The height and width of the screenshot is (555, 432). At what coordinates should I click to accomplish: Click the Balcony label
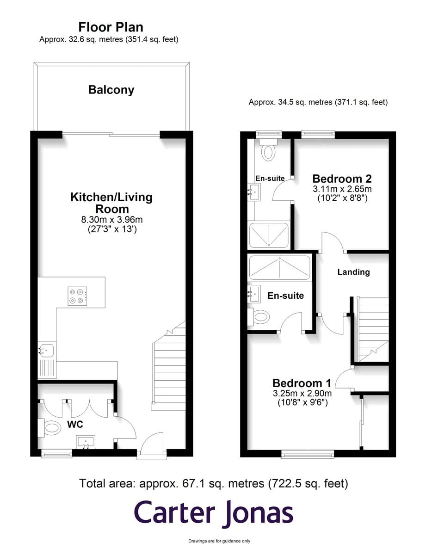[111, 90]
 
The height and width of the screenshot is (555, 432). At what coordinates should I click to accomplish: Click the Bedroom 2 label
[342, 179]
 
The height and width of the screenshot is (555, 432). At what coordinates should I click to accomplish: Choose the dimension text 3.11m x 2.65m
[342, 189]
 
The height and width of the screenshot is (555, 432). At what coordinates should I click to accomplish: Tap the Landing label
[353, 272]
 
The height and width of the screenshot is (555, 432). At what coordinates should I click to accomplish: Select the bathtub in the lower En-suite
[279, 267]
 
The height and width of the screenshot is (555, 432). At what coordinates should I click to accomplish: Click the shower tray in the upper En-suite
[269, 235]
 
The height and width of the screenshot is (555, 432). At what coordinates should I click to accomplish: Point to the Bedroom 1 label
[302, 383]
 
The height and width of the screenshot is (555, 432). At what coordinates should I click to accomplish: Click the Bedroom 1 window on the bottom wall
[308, 455]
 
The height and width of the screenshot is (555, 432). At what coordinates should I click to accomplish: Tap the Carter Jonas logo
[214, 512]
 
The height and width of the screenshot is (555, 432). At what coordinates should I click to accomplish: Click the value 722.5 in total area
[287, 484]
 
